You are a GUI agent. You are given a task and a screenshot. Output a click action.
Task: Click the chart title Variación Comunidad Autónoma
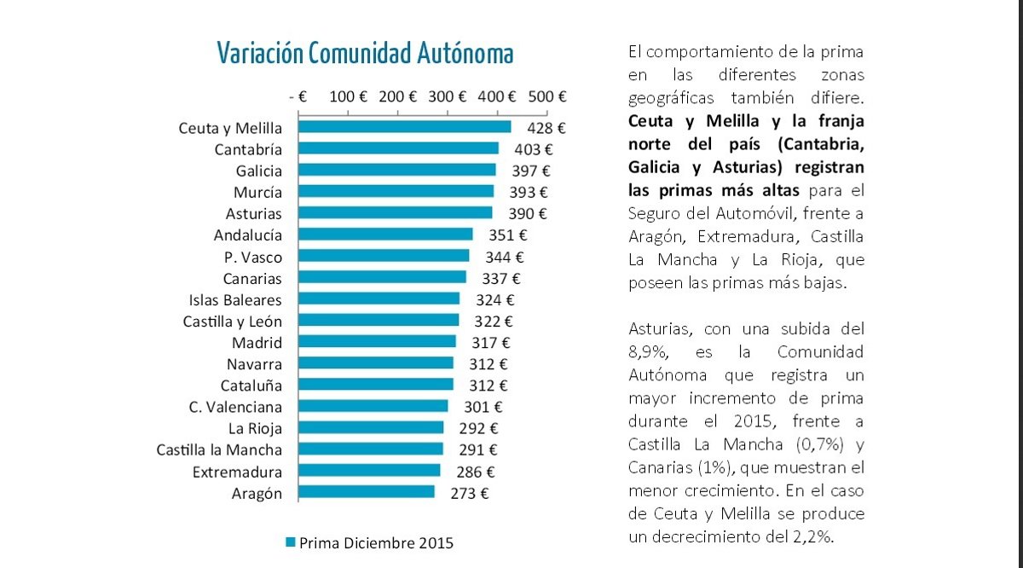[365, 54]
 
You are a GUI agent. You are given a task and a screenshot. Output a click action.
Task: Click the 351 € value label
[508, 235]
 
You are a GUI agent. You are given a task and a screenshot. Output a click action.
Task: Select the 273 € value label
[470, 492]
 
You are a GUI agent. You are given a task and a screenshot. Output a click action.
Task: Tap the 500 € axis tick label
[547, 96]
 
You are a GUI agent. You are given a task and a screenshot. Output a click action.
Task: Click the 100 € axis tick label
[348, 96]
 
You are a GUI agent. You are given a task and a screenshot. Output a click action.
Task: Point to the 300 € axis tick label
[448, 96]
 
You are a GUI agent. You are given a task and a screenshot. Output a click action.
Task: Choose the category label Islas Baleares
[235, 299]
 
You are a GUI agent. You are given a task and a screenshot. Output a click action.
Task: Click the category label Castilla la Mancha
[219, 449]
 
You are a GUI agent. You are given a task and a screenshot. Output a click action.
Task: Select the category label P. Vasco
[249, 257]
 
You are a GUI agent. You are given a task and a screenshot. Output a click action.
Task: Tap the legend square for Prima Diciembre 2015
[290, 542]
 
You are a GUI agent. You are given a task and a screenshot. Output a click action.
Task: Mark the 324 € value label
[495, 299]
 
